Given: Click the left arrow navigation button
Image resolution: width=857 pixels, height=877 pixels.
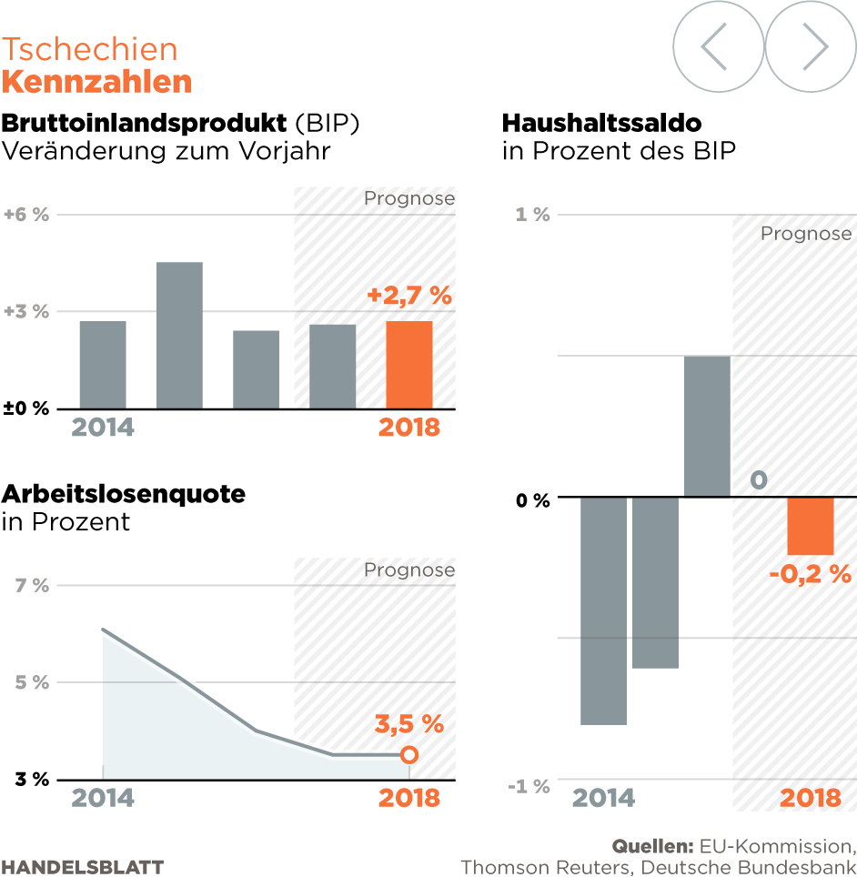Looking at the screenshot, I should coord(718,45).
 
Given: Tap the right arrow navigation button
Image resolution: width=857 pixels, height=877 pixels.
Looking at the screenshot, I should coord(811,45).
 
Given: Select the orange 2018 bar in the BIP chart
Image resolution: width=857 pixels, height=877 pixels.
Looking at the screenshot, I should coord(409,364).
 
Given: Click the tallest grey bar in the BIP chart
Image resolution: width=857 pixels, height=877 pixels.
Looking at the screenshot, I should coord(179,335).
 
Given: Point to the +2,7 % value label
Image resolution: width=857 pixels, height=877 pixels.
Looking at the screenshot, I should coord(409,296).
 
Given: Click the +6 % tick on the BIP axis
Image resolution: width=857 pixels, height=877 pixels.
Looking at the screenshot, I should coord(25,215).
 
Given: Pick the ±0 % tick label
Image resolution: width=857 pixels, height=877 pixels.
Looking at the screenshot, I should coord(25,408).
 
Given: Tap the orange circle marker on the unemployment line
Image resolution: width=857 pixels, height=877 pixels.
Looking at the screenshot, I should coord(409,755).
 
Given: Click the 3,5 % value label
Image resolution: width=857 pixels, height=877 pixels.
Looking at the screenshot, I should coord(409,724).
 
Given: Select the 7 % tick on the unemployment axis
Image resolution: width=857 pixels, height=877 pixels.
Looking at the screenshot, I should coord(32,585).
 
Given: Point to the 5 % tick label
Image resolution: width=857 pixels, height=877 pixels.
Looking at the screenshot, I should coord(32,682).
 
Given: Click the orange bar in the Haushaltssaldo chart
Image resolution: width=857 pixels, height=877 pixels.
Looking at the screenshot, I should coord(811,526).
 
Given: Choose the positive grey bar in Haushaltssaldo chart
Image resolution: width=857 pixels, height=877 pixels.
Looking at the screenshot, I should coord(707,426).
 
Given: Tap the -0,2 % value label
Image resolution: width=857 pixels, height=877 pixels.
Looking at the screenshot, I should coord(810,574).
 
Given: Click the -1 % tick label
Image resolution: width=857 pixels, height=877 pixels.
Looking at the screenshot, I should coord(529,786).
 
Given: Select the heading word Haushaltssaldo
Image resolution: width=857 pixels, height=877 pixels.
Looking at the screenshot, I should coord(601,123).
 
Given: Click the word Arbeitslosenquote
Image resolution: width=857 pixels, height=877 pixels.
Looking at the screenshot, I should coord(124,494).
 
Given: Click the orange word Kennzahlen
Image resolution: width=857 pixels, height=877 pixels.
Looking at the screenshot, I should coord(96,82).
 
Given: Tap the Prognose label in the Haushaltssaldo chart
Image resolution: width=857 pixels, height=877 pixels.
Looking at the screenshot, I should coord(806,234).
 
